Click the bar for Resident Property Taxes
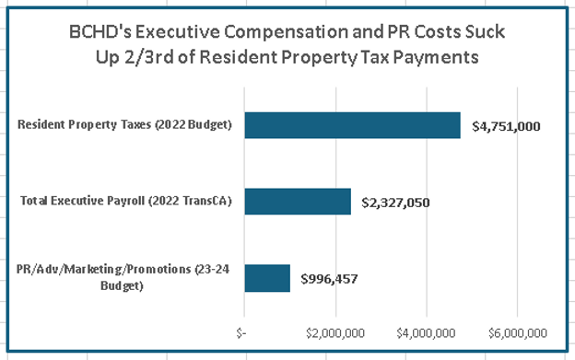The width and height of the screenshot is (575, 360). (x=352, y=125)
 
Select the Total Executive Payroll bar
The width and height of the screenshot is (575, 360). (x=298, y=201)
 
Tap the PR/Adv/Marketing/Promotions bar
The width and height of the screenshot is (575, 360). (x=267, y=277)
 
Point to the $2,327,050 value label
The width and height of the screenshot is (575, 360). (x=395, y=202)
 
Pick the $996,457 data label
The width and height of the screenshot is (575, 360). (x=331, y=277)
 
